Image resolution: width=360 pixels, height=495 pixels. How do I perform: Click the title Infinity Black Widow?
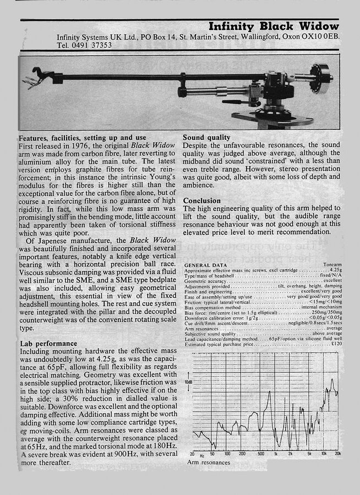tap(274, 26)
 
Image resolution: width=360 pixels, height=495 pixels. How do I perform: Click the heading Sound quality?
tap(207, 137)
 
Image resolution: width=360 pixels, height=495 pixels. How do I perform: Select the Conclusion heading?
tap(202, 201)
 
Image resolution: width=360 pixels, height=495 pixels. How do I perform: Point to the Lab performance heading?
tap(48, 343)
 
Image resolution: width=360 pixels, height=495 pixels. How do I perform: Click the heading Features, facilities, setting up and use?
tap(83, 137)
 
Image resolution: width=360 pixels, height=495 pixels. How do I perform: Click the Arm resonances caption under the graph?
tap(209, 463)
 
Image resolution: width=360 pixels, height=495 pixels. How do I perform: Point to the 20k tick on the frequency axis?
tap(337, 454)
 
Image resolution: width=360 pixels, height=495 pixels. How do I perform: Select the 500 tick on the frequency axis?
tap(261, 454)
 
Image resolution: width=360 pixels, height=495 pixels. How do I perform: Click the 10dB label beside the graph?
tap(188, 382)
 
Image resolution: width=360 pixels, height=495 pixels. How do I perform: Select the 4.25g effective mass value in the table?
tap(335, 270)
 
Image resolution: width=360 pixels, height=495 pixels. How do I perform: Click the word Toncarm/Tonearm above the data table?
tap(332, 265)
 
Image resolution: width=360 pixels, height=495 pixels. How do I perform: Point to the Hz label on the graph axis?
tap(202, 455)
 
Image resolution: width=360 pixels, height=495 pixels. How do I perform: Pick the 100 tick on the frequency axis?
tap(227, 454)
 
